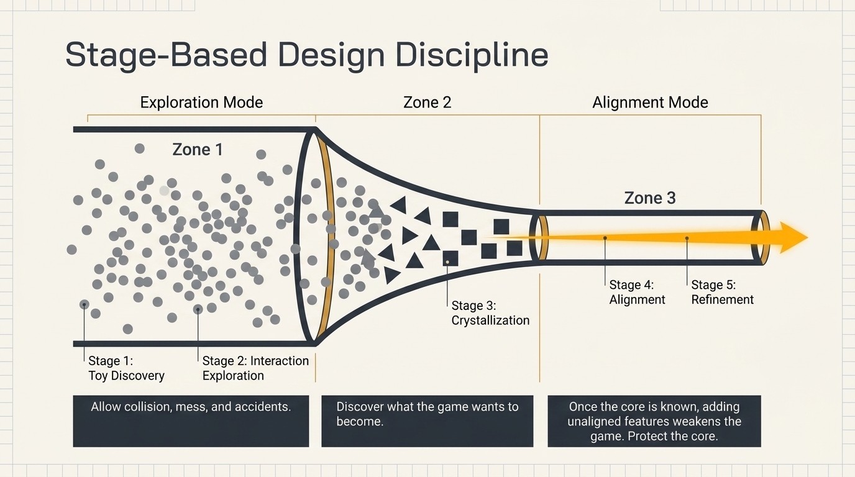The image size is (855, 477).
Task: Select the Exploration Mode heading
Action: tap(201, 102)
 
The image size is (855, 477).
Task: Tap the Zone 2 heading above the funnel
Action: tap(427, 102)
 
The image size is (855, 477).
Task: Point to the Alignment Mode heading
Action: tap(650, 102)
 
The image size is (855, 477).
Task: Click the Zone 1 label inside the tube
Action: tap(198, 149)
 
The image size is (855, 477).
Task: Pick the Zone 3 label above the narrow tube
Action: tap(650, 198)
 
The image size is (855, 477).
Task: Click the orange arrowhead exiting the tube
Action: tap(793, 237)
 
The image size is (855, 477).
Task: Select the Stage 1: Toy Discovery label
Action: tap(126, 368)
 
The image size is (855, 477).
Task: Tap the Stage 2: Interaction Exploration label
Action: tap(255, 368)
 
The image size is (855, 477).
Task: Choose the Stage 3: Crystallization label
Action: tap(490, 312)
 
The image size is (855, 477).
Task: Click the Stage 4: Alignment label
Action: tap(637, 292)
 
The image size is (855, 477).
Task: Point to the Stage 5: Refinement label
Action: tap(722, 292)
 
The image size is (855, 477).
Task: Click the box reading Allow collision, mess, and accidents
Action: tap(191, 421)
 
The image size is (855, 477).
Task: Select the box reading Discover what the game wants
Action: tap(427, 421)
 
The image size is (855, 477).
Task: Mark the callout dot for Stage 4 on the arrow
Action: tap(605, 238)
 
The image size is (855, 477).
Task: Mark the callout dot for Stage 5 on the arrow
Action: tap(687, 238)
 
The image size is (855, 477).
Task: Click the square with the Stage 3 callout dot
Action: tap(450, 258)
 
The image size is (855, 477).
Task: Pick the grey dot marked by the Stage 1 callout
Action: tap(85, 304)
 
